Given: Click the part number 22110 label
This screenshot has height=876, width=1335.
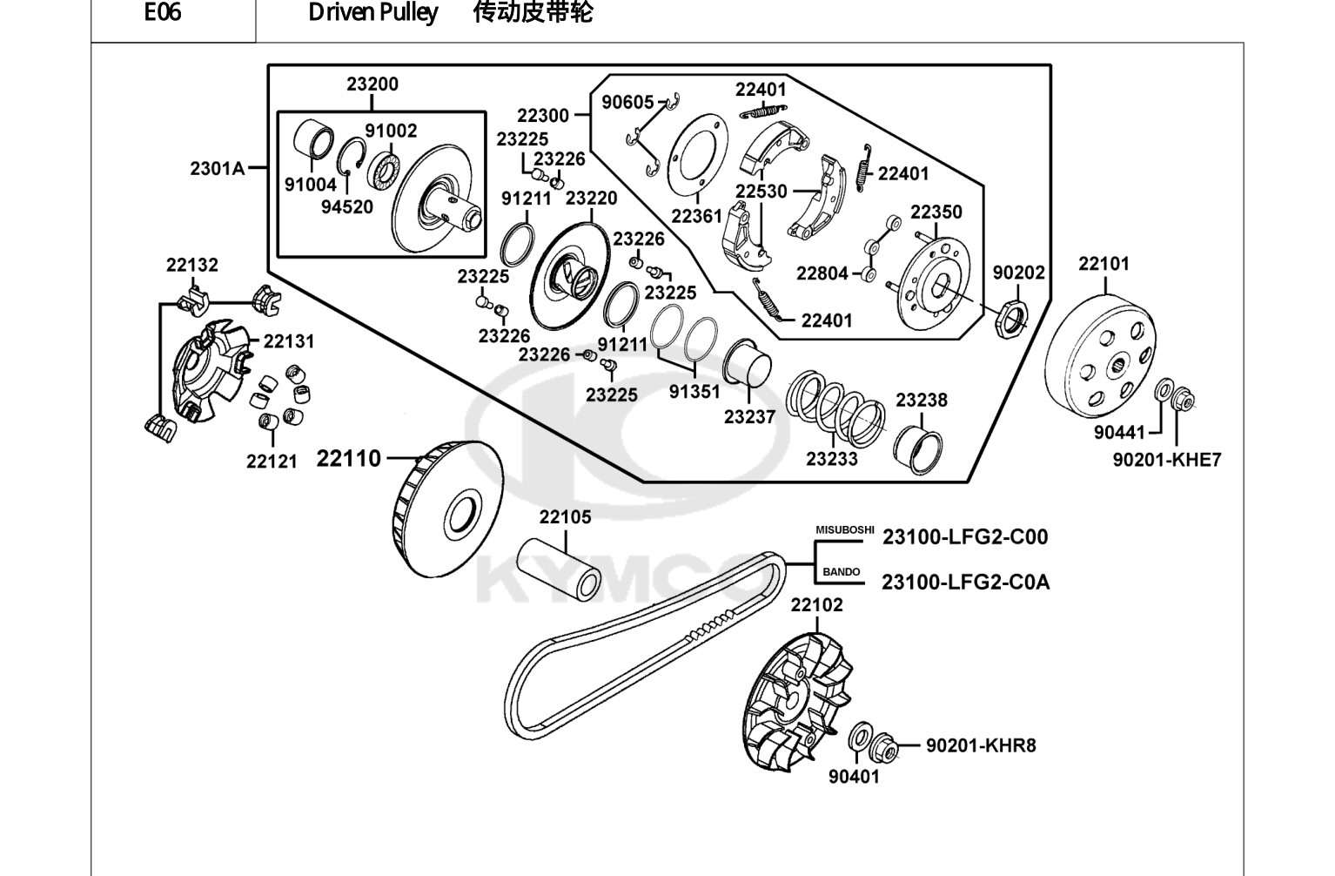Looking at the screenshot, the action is [348, 459].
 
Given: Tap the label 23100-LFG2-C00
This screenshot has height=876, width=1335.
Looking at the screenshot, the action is [965, 536].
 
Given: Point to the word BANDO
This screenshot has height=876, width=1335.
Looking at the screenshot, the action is [841, 572].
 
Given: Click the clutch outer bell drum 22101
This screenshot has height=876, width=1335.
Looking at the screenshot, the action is [1100, 358].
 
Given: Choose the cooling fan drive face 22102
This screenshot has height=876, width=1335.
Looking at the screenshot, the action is [795, 704].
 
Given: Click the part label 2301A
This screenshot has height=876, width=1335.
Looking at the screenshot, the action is [217, 169].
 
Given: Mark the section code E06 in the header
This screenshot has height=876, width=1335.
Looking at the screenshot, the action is [162, 12].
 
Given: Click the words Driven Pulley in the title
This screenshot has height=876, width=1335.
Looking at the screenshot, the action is [373, 12].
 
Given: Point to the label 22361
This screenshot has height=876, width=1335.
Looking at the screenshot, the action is [696, 216].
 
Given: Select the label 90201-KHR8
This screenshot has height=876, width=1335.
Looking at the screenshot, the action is [981, 745].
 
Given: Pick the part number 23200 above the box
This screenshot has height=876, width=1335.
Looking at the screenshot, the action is [372, 84].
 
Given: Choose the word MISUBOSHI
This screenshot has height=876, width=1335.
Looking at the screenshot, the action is [844, 529].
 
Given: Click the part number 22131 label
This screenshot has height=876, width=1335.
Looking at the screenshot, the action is [288, 341].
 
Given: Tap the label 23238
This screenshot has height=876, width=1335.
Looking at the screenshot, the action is [922, 400].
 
